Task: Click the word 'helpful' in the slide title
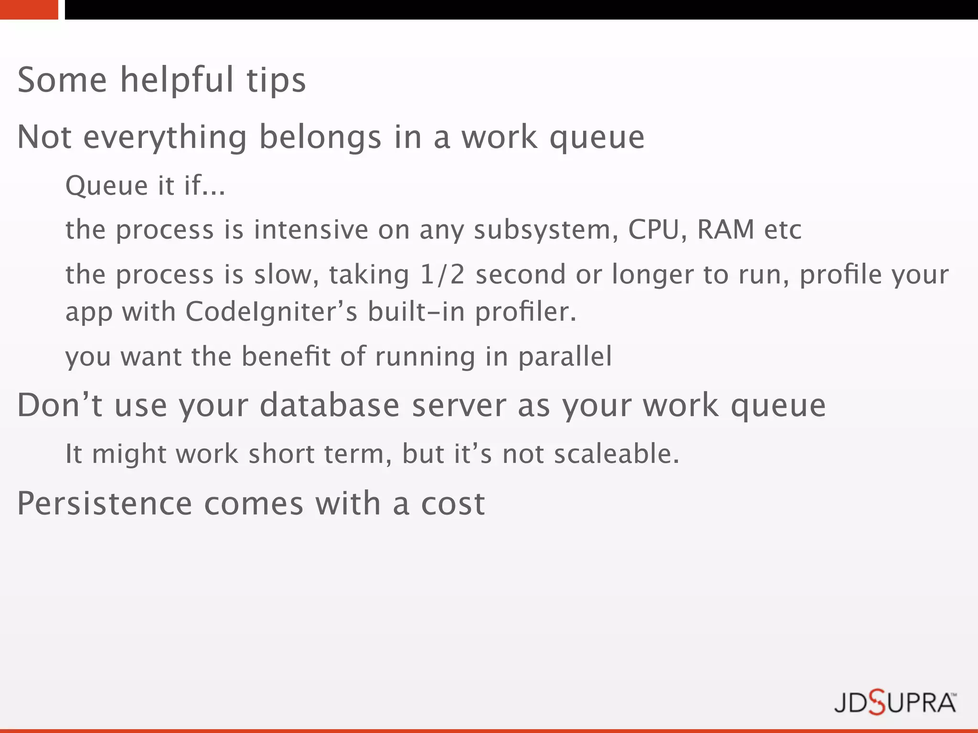(177, 80)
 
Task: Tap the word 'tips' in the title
(276, 80)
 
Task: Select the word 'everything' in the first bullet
(165, 137)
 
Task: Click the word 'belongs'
(320, 137)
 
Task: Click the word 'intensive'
(311, 230)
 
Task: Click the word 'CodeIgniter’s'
(271, 312)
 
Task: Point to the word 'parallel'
(565, 356)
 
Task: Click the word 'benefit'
(286, 356)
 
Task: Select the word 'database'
(330, 406)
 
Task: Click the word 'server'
(458, 406)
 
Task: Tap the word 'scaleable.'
(617, 453)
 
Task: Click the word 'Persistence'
(105, 503)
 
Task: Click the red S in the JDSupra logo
(877, 703)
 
